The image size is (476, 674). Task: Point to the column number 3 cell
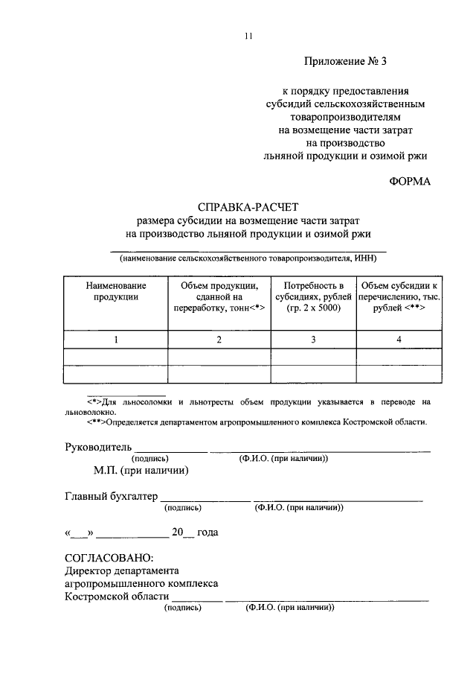click(313, 340)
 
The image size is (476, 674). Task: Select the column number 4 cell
click(399, 340)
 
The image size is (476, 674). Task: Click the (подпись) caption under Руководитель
click(151, 459)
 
